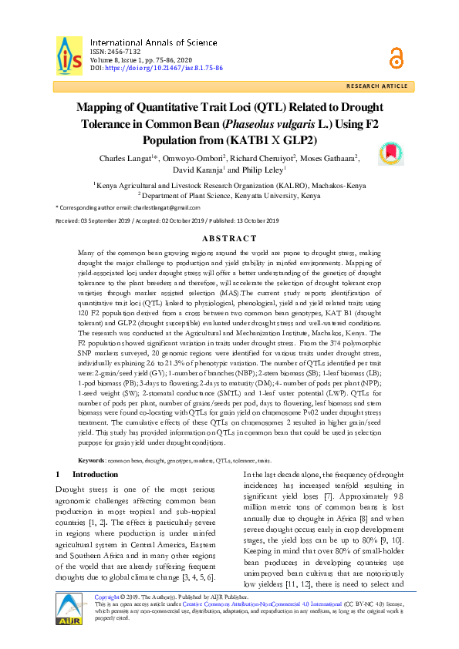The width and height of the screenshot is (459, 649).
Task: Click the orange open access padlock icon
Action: click(x=396, y=56)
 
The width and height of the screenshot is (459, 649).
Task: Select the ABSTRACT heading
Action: click(x=229, y=238)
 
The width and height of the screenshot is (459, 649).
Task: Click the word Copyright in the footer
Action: click(x=108, y=617)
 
